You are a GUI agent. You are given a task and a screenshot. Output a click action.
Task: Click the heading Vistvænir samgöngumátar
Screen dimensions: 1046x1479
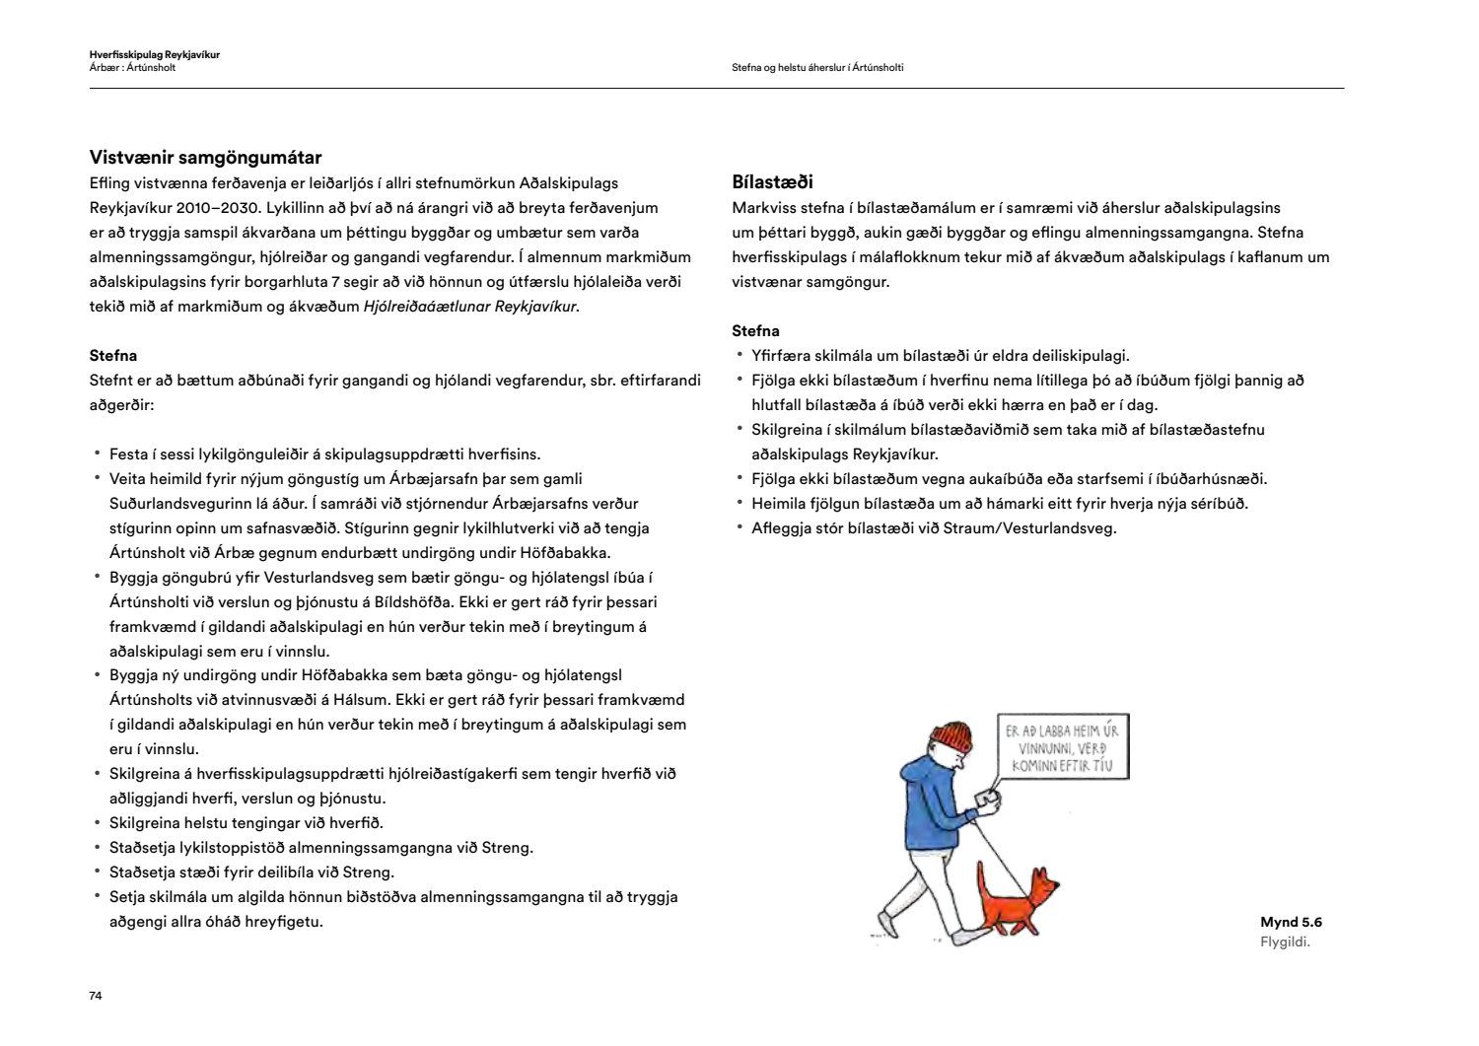205,158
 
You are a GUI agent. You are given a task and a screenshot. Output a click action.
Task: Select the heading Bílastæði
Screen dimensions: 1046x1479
772,182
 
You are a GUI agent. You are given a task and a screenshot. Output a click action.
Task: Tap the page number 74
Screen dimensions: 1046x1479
96,996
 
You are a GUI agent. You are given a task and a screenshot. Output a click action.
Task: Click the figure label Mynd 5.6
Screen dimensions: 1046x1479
1291,923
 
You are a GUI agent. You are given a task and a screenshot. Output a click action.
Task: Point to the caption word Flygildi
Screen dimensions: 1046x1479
1285,942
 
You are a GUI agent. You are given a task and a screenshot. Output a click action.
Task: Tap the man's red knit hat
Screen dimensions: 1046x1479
951,735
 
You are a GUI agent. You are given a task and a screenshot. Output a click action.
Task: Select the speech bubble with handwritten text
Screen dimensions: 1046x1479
1062,746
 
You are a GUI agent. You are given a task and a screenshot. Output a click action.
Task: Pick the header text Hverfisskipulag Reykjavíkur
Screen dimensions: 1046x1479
154,55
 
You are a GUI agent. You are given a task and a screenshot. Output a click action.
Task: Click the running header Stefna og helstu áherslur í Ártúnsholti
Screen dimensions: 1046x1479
817,68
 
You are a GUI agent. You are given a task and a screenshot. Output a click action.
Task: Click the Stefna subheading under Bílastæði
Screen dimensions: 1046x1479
755,331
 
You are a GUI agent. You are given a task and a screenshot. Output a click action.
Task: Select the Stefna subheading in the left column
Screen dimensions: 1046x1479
113,356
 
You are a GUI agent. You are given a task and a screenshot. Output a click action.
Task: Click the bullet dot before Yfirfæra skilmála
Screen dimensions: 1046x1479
739,355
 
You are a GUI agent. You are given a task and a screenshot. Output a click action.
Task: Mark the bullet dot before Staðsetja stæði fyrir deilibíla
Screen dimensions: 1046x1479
98,872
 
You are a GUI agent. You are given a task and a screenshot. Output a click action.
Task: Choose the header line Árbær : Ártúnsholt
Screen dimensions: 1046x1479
132,68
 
